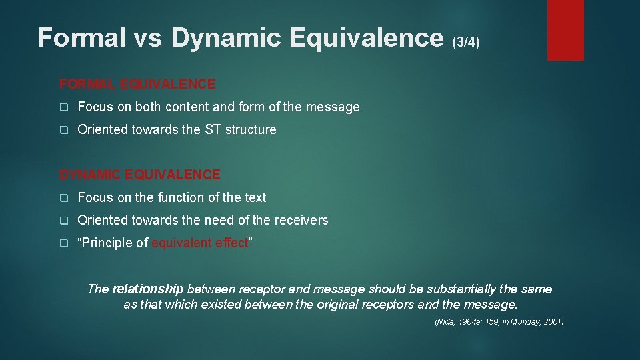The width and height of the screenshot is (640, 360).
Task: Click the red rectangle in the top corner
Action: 565,30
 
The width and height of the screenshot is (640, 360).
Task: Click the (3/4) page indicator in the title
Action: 465,42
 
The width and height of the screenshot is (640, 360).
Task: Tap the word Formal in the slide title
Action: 81,38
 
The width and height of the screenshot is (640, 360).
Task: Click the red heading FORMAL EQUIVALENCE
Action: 137,84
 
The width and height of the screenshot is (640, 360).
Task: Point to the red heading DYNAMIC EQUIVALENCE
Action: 139,175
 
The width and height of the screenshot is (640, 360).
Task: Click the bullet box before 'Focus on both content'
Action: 64,107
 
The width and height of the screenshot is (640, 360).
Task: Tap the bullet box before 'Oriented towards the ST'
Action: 64,130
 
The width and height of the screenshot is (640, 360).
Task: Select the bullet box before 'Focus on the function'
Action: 64,198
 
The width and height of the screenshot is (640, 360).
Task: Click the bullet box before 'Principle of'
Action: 64,243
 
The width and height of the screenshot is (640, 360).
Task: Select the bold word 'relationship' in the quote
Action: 147,289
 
